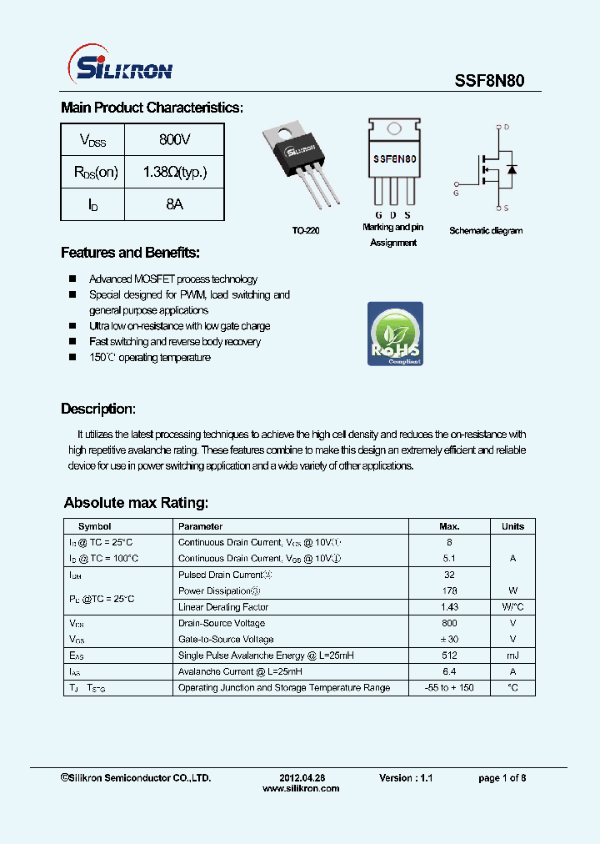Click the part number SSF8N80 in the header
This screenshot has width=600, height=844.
click(x=489, y=81)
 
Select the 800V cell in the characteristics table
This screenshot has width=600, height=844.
click(x=174, y=139)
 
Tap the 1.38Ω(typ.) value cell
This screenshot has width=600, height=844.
click(x=174, y=172)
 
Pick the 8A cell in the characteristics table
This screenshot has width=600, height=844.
click(x=174, y=204)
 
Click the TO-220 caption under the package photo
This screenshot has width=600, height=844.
click(x=305, y=230)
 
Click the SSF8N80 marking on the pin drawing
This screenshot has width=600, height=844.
click(x=394, y=158)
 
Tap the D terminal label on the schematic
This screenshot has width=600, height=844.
click(x=506, y=128)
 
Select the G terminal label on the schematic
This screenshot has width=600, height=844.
click(x=456, y=193)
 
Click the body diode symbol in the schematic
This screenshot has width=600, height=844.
click(x=511, y=169)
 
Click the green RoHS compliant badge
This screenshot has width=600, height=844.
click(x=395, y=334)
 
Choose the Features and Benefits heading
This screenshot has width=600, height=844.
click(x=130, y=253)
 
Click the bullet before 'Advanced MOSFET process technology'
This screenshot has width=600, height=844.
click(x=72, y=279)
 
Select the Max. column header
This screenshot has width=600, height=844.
click(x=449, y=526)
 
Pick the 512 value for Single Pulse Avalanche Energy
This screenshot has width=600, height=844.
click(x=449, y=656)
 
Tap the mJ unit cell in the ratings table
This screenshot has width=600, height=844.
click(x=512, y=656)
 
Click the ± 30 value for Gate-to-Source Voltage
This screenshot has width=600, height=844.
click(x=449, y=640)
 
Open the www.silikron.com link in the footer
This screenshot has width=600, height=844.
click(x=301, y=788)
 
